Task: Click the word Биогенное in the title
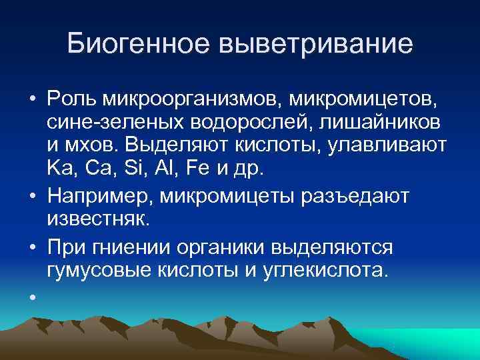point(137,45)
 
